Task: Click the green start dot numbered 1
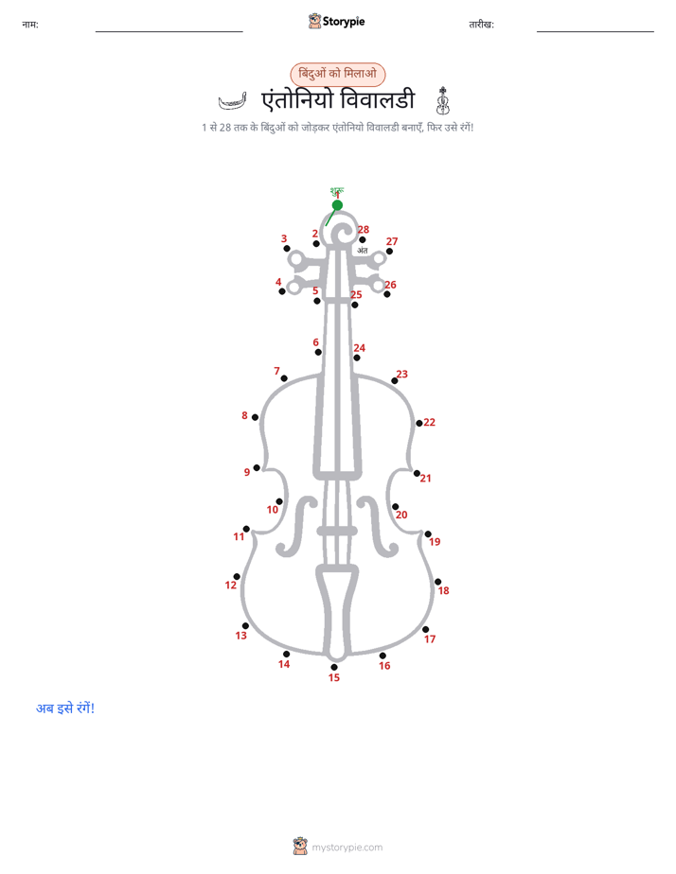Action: coord(337,205)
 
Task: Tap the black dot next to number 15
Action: coord(334,667)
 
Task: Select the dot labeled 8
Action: coord(255,417)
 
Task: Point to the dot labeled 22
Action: coord(418,423)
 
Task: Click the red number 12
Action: coord(231,585)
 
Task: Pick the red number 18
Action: coord(443,590)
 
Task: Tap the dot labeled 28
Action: coord(363,239)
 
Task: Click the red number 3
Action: coord(284,238)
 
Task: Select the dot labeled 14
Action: coord(286,654)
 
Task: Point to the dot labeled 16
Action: coord(382,655)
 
